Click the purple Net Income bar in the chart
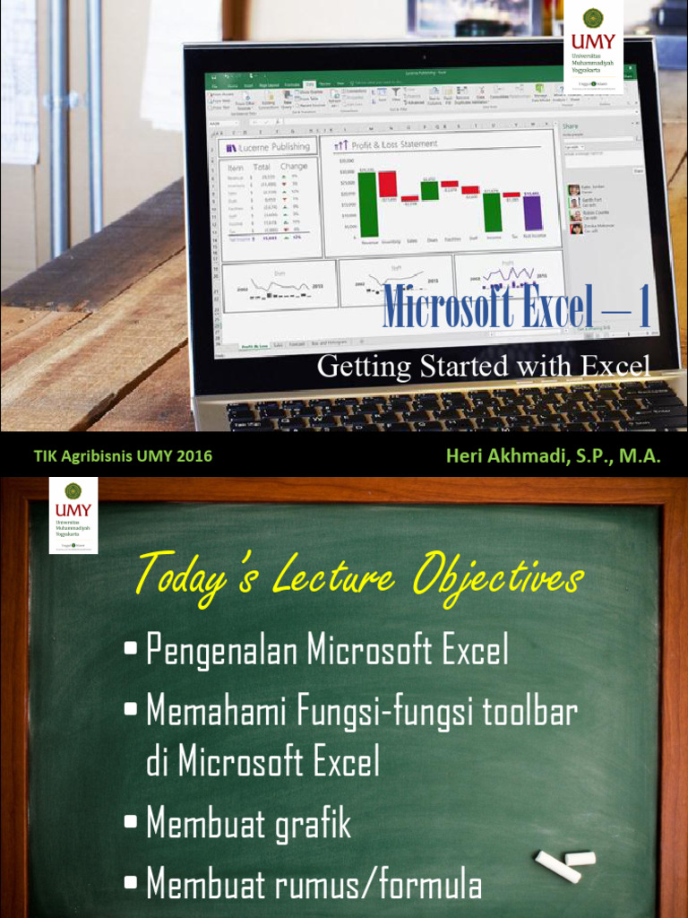pyautogui.click(x=532, y=212)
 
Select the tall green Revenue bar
pyautogui.click(x=368, y=204)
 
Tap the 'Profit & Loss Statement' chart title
pyautogui.click(x=395, y=143)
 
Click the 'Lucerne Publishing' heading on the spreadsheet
pyautogui.click(x=273, y=146)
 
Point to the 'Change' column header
pyautogui.click(x=293, y=166)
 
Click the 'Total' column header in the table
pyautogui.click(x=262, y=167)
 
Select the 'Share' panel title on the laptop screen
pyautogui.click(x=570, y=127)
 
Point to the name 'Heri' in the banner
pyautogui.click(x=465, y=455)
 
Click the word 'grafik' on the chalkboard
pyautogui.click(x=310, y=823)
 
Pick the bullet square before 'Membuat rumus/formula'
pyautogui.click(x=131, y=883)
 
